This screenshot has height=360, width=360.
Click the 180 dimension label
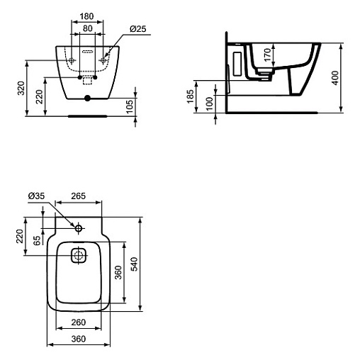(86, 16)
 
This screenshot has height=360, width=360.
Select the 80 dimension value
(87, 28)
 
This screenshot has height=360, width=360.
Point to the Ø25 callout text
(138, 29)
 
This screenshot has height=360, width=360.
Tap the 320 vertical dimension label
(21, 88)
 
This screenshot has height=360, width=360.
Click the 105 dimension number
(130, 106)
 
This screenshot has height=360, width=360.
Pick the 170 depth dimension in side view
(267, 55)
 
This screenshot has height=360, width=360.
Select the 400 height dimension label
(335, 78)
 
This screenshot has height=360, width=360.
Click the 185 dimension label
(190, 96)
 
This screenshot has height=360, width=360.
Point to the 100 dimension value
(209, 104)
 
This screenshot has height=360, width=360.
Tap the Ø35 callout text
(36, 196)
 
